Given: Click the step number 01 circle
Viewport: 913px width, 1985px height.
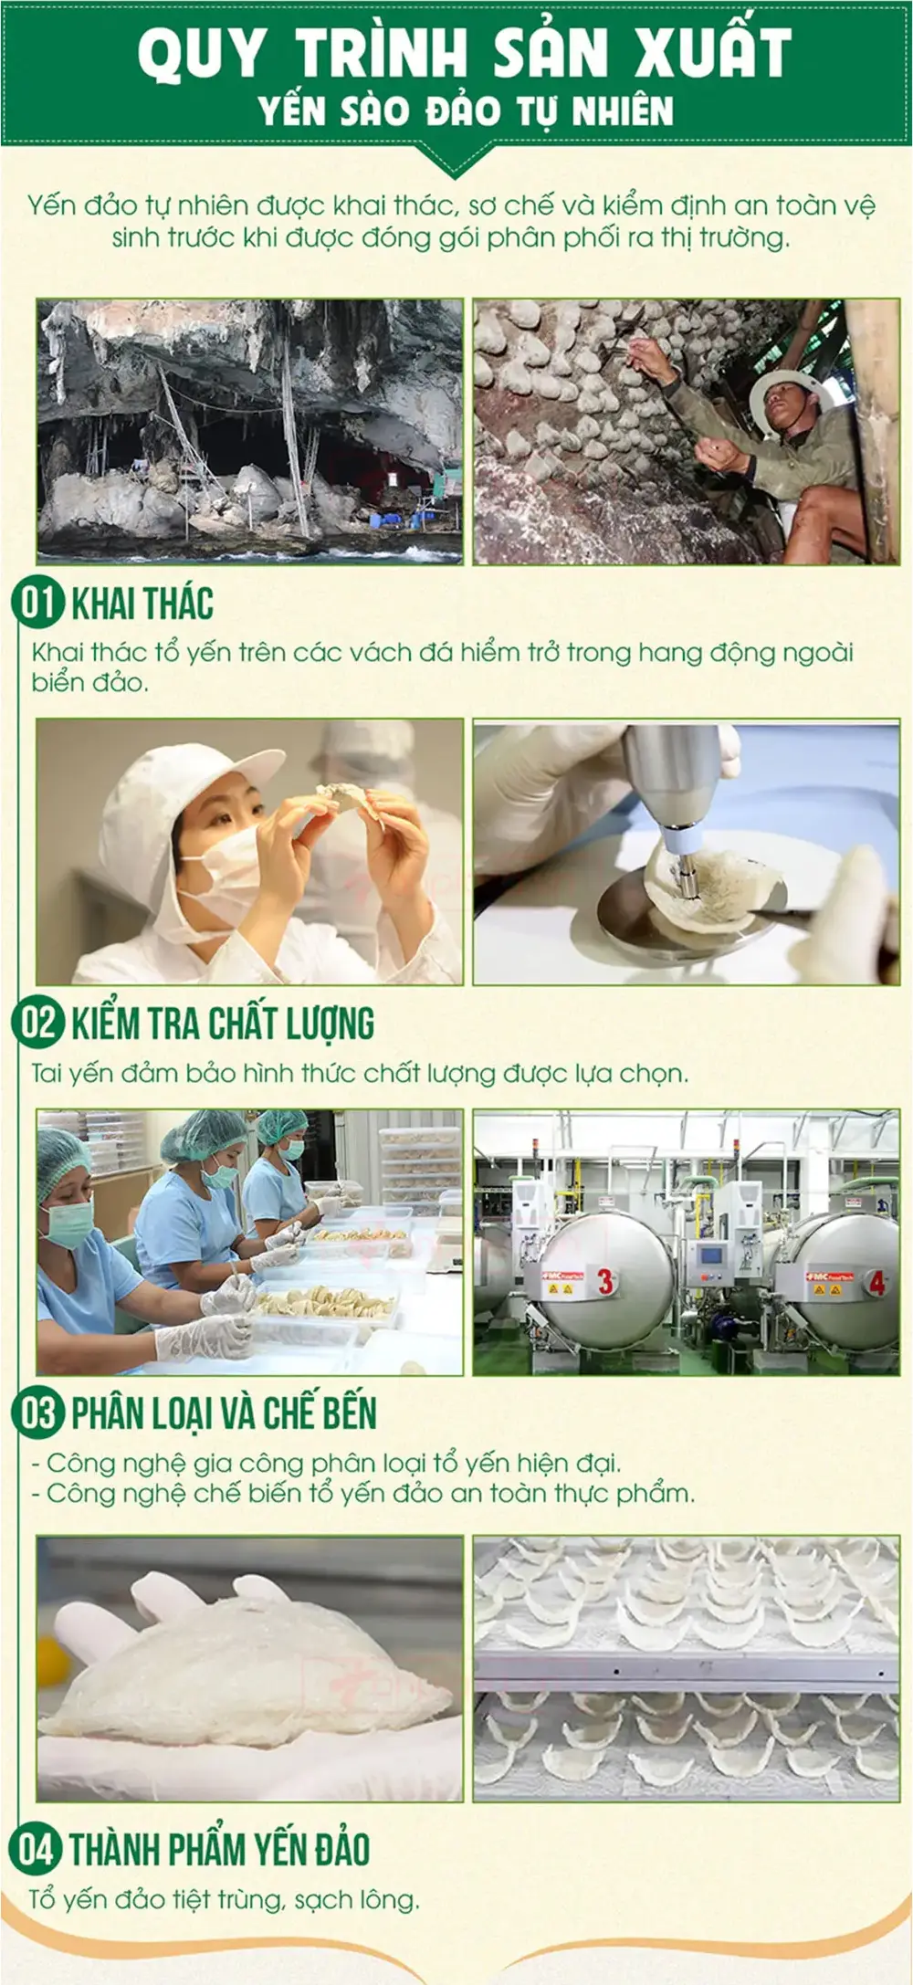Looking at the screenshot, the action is click(x=37, y=604).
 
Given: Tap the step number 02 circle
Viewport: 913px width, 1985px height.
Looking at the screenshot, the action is click(x=37, y=1023).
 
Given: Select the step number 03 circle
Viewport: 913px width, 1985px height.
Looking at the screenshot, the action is click(x=37, y=1413).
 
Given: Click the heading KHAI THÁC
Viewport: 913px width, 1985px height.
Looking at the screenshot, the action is click(x=142, y=604).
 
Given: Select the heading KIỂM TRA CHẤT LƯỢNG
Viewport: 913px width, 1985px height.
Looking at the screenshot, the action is click(x=223, y=1024).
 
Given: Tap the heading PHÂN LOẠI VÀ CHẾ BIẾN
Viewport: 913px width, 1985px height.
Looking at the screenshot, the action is click(x=224, y=1413).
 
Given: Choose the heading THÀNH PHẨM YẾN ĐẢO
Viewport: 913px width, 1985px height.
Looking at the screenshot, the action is click(x=219, y=1849).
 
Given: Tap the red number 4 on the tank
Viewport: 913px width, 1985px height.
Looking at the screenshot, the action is click(x=876, y=1283).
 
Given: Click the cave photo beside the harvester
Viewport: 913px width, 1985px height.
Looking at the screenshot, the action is click(x=249, y=431).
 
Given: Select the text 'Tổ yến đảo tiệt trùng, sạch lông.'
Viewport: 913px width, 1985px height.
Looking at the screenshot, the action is click(x=225, y=1899).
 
